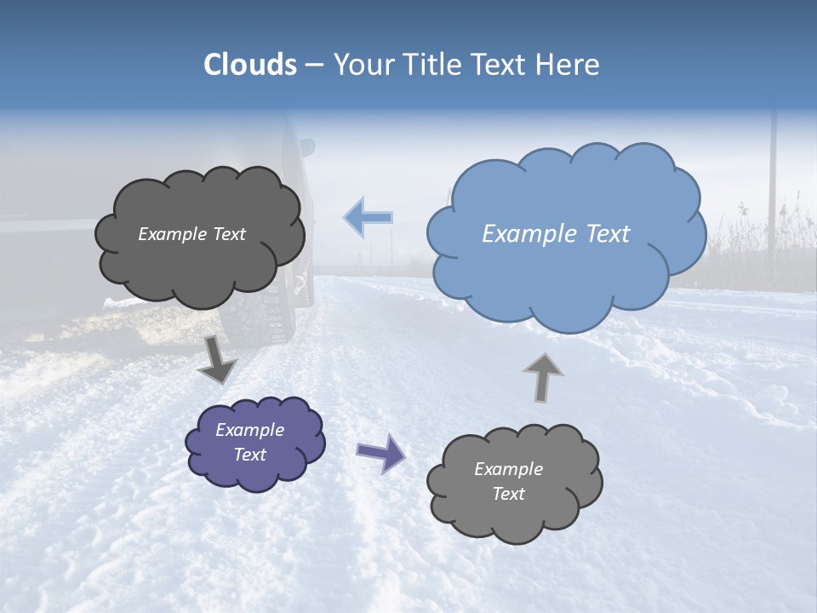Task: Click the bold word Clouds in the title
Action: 249,65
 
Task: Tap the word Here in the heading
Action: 567,65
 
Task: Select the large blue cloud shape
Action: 566,255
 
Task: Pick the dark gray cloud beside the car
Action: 199,264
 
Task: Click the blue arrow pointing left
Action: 368,217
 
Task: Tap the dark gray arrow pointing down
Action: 217,358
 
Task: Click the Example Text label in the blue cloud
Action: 556,233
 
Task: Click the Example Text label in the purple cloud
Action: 250,442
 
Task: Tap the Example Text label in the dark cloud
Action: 191,233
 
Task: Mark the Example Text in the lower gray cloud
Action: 508,481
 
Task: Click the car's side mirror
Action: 306,146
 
